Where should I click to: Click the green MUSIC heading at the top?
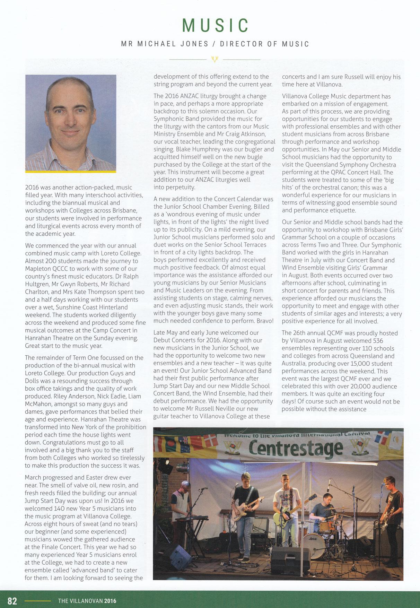[x=215, y=25]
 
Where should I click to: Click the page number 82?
[x=12, y=601]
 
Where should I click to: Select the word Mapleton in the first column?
[x=38, y=269]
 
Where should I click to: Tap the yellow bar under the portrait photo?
[x=71, y=171]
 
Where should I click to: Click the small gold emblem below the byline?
[x=215, y=60]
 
